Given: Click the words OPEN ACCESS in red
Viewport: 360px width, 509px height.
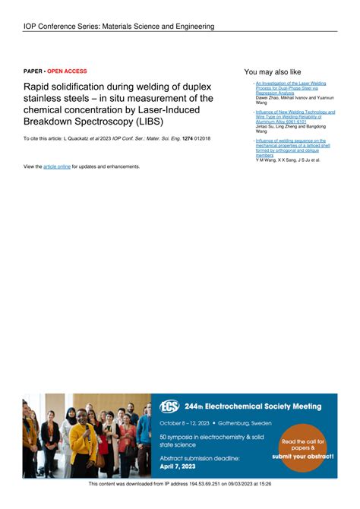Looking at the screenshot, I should (x=68, y=71).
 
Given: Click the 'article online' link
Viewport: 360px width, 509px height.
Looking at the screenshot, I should (x=57, y=166).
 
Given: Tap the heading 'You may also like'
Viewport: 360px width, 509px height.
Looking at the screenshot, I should (x=273, y=71).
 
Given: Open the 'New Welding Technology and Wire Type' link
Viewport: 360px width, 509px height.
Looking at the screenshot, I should (x=295, y=117).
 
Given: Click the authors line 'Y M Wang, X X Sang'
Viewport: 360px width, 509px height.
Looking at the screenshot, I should (x=288, y=160).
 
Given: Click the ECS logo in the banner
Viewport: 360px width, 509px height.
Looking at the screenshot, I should (x=170, y=406).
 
